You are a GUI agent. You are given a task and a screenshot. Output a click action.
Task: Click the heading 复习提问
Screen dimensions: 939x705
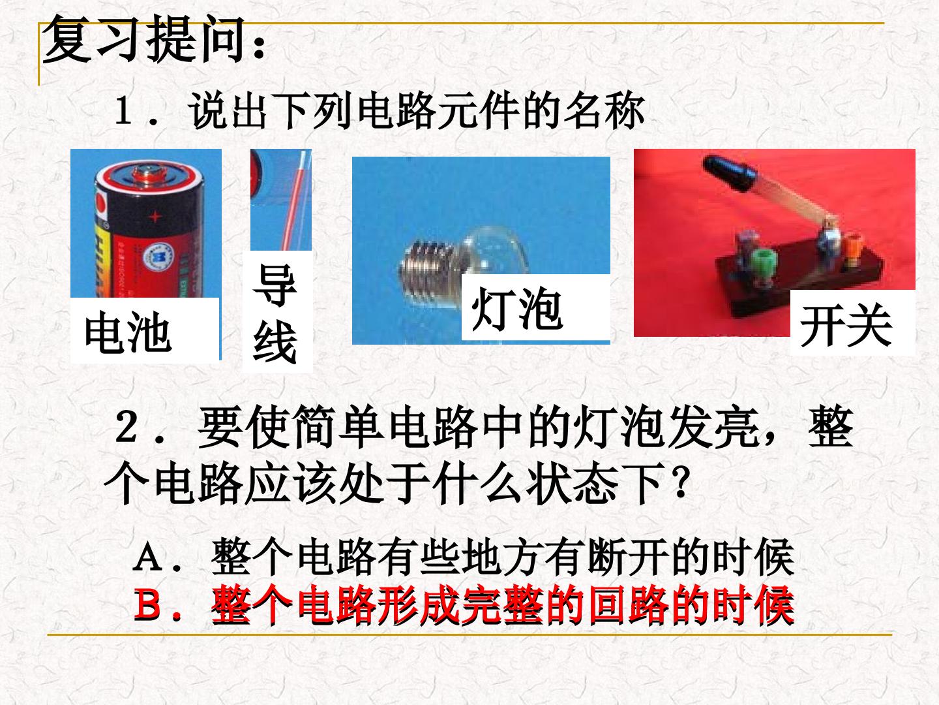[x=145, y=39]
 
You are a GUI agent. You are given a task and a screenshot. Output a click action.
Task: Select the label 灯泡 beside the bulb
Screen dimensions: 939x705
[x=516, y=309]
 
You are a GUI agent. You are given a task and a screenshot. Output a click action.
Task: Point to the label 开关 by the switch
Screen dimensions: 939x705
[x=846, y=325]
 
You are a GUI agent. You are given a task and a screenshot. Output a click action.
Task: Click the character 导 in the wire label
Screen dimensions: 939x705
[x=275, y=285]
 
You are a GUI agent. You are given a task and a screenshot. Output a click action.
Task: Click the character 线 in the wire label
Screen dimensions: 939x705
[x=275, y=343]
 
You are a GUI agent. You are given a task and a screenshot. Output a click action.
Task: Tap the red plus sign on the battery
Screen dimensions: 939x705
[x=155, y=217]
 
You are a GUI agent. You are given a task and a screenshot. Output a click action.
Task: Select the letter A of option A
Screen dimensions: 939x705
[x=147, y=557]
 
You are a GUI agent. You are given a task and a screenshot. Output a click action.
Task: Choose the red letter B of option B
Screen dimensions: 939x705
[x=148, y=605]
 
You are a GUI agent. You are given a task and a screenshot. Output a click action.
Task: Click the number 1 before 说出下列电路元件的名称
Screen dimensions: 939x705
[x=123, y=111]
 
